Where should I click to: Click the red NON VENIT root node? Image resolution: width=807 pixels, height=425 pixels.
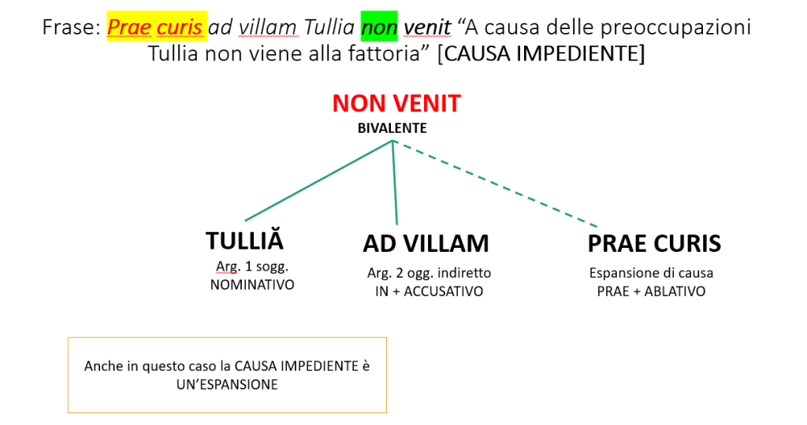click(396, 104)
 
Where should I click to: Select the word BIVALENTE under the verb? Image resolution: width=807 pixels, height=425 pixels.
click(393, 128)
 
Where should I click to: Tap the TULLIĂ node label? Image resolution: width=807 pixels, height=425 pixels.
click(244, 242)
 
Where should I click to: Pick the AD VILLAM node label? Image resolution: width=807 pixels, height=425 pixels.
click(426, 243)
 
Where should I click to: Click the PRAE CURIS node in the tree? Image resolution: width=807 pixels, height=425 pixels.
click(654, 243)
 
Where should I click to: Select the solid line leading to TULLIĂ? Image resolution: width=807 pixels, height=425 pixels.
click(318, 182)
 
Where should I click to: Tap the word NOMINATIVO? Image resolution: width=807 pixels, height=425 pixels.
click(252, 285)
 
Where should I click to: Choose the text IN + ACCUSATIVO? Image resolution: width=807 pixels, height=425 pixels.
click(429, 291)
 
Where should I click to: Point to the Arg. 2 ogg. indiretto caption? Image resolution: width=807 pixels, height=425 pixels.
click(429, 273)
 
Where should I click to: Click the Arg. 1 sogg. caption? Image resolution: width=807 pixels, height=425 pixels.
click(252, 267)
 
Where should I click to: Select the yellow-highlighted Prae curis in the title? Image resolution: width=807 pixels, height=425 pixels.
click(155, 28)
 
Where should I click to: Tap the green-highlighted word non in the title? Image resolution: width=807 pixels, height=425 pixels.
click(379, 28)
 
